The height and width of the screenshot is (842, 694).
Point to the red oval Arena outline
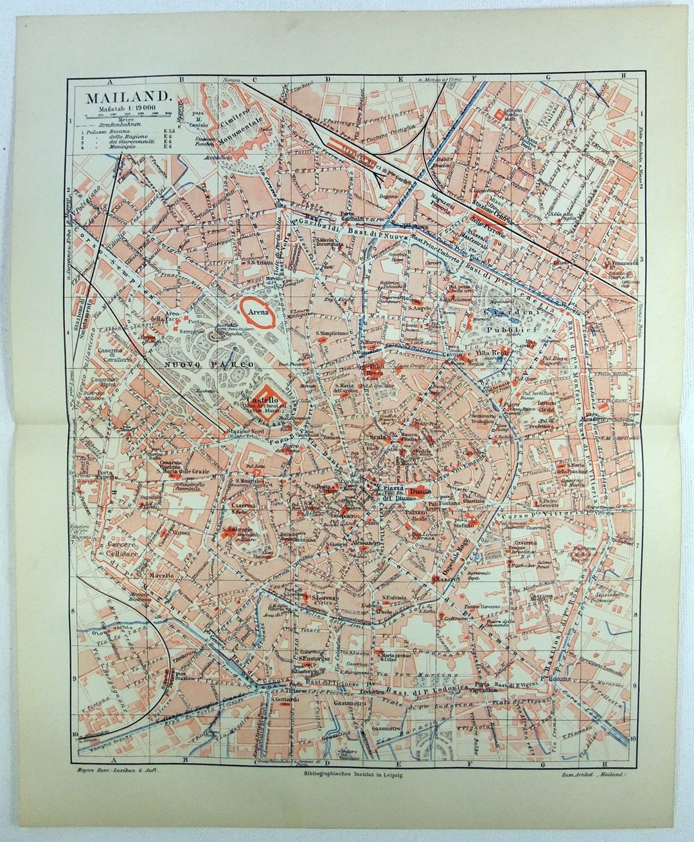(x=259, y=312)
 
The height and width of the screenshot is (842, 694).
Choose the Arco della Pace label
(x=160, y=317)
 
